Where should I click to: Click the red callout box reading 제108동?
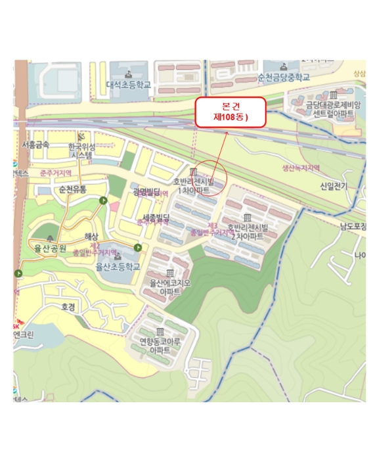tap(230, 111)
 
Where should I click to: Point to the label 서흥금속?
tap(35, 144)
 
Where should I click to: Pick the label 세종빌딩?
tap(156, 216)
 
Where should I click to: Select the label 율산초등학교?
tap(118, 267)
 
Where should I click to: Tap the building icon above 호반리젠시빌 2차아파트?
tap(247, 218)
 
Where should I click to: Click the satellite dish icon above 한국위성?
tap(81, 135)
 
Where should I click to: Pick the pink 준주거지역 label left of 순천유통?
tap(56, 173)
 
